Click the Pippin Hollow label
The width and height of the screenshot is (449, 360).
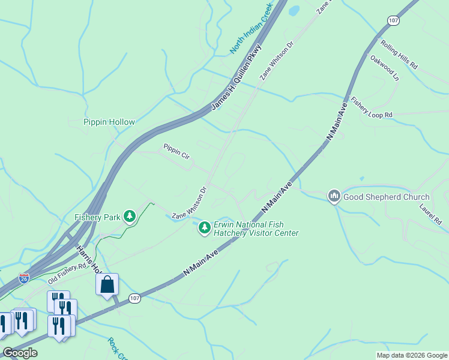click(x=109, y=122)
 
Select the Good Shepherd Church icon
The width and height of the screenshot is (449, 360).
click(x=334, y=196)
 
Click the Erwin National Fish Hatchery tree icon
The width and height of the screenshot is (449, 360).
click(x=205, y=227)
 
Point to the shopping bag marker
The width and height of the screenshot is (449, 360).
click(x=107, y=284)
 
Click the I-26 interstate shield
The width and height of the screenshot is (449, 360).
click(x=24, y=278)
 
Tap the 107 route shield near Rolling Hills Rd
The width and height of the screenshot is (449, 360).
click(x=393, y=20)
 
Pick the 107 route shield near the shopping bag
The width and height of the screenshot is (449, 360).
click(x=134, y=298)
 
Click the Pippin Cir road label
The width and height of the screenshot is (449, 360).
click(x=176, y=151)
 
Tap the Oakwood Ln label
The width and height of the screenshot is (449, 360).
click(x=384, y=68)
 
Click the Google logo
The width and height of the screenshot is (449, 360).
click(x=20, y=353)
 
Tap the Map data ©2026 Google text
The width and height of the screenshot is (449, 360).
click(x=412, y=355)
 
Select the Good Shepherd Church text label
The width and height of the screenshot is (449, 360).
click(x=387, y=197)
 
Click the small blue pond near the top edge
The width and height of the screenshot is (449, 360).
click(x=294, y=10)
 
